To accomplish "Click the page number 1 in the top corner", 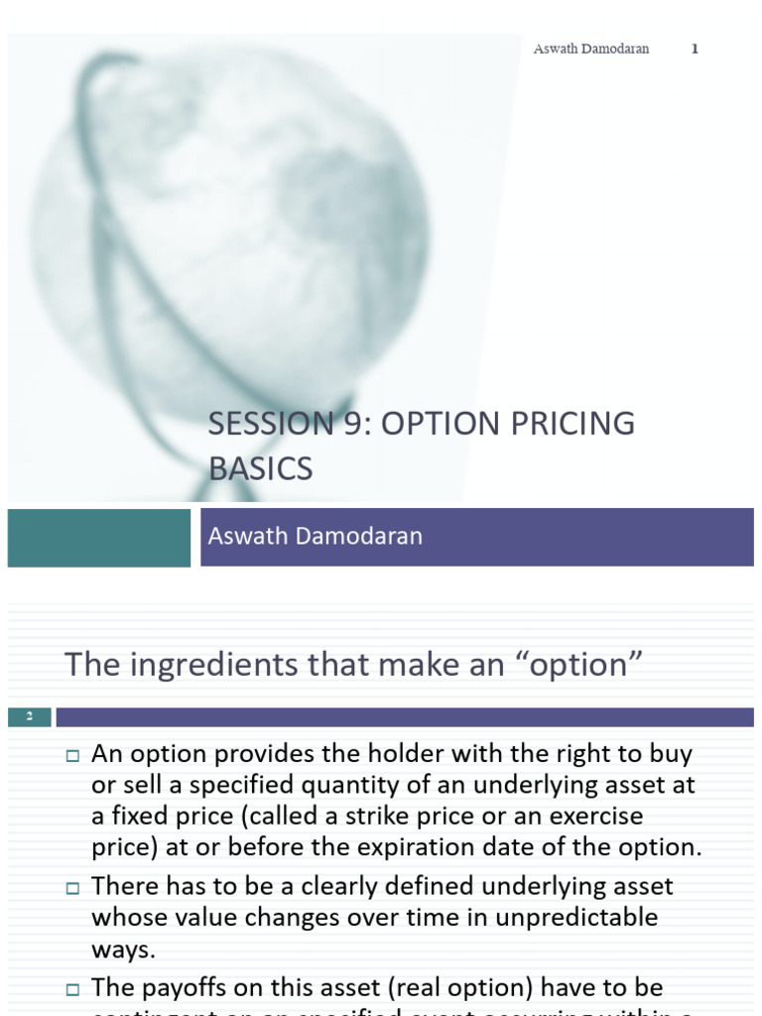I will (695, 50).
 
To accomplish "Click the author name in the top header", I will (591, 50).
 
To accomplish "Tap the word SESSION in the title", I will (266, 424).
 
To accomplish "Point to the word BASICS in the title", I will (261, 467).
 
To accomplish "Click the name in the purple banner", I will (316, 536).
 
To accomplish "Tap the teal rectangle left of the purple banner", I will (98, 538).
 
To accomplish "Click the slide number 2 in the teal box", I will (30, 716).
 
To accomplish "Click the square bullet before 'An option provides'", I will (71, 756).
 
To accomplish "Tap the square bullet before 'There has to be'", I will (71, 887).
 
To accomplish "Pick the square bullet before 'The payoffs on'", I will (71, 989).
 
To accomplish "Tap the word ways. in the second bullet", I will (124, 949).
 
